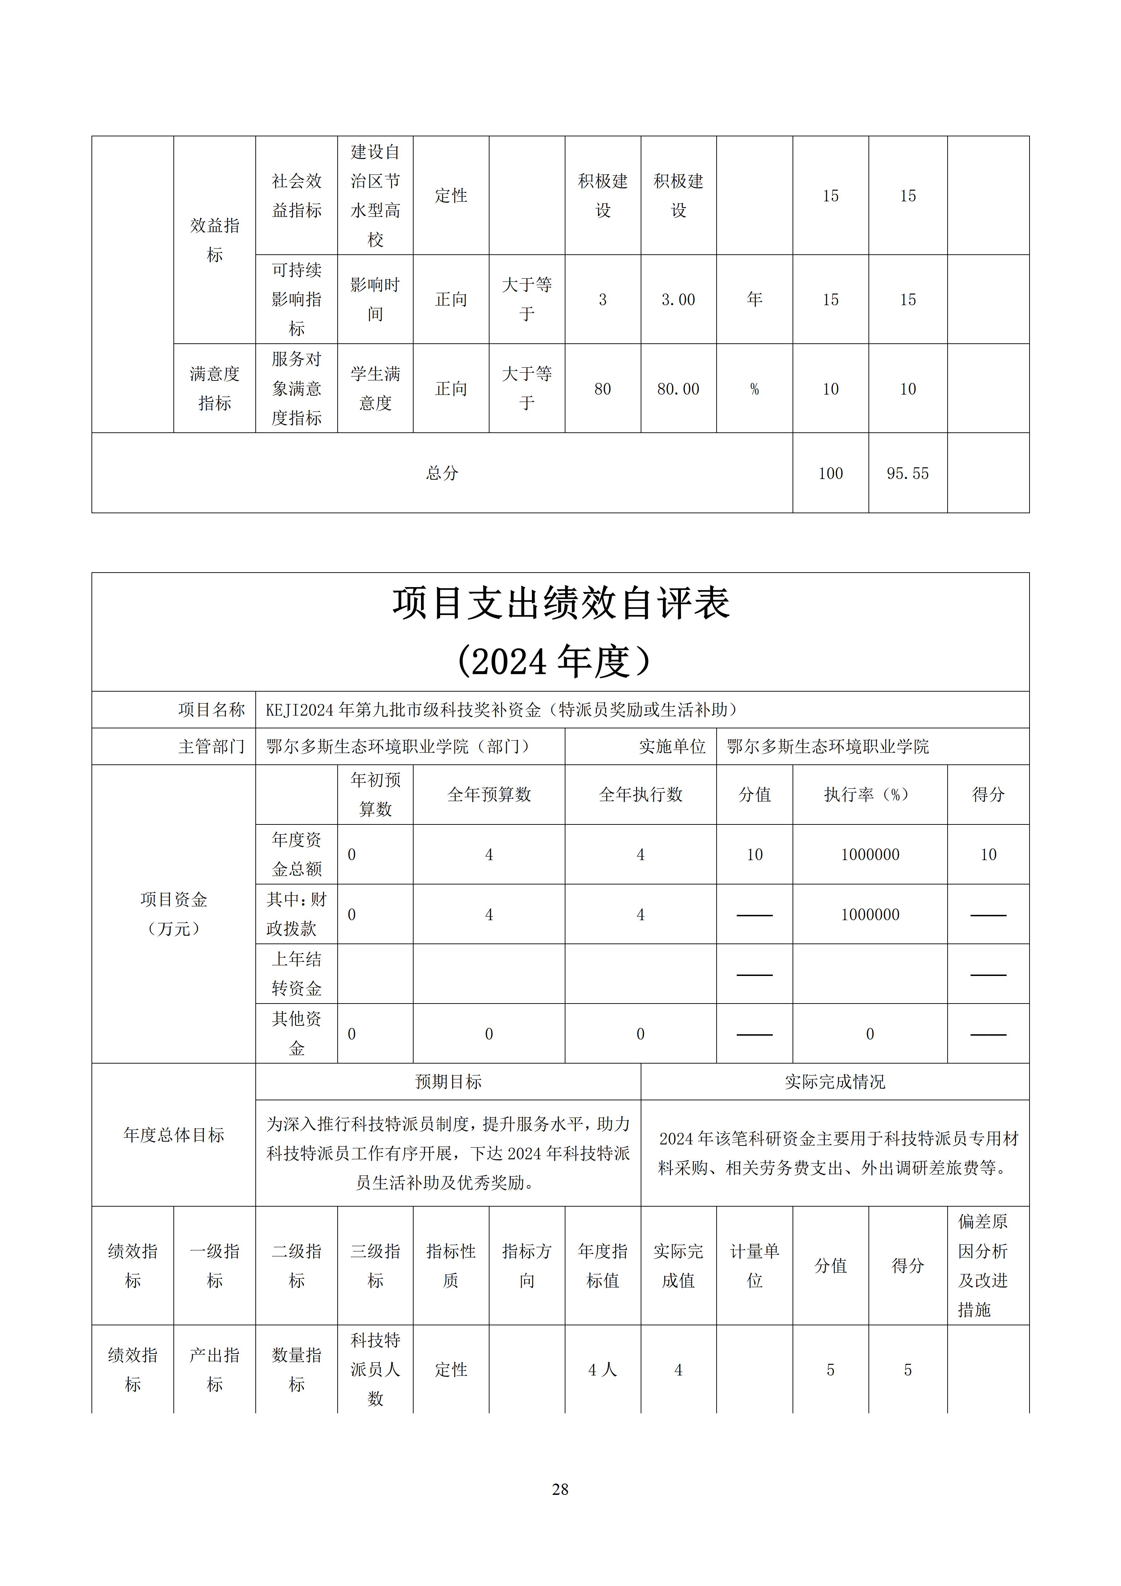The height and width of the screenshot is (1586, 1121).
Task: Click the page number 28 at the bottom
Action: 560,1489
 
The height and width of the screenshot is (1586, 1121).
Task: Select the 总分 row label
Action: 442,473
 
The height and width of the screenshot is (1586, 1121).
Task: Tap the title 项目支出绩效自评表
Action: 560,603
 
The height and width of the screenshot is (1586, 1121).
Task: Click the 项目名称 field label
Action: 211,709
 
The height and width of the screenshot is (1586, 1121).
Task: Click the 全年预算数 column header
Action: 489,794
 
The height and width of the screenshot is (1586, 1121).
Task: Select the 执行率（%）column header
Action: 870,794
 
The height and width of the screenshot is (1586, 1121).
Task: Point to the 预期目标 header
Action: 448,1082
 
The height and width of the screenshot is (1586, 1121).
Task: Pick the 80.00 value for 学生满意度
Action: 678,389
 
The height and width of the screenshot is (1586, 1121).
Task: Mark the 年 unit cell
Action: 754,299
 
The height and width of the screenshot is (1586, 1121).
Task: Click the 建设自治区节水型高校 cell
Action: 375,195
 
